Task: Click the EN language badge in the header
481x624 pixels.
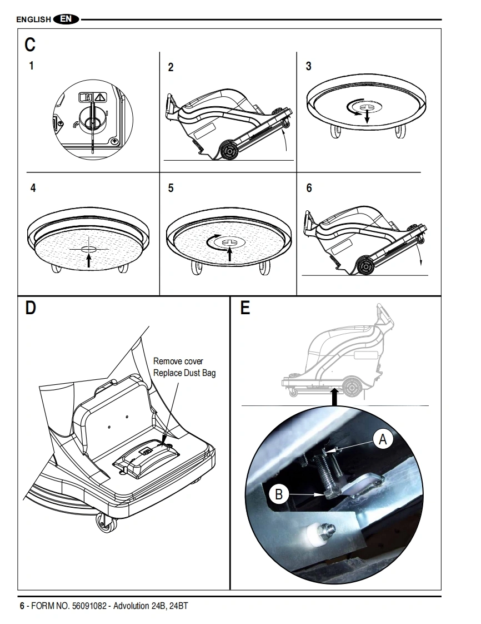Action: pyautogui.click(x=66, y=19)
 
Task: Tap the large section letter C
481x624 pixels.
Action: pyautogui.click(x=30, y=44)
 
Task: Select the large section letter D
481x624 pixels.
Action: pyautogui.click(x=30, y=308)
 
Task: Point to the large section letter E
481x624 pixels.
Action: pyautogui.click(x=245, y=308)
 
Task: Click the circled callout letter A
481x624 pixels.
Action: pyautogui.click(x=383, y=439)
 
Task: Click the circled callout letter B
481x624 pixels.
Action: pyautogui.click(x=279, y=494)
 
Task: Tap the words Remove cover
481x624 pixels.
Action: pyautogui.click(x=178, y=361)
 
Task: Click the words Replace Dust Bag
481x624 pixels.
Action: pyautogui.click(x=184, y=373)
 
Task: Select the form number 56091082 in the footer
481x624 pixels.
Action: pyautogui.click(x=89, y=606)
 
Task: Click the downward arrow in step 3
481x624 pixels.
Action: pyautogui.click(x=367, y=116)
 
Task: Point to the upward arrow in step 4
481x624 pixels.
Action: pyautogui.click(x=89, y=260)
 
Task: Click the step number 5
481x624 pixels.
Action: pyautogui.click(x=171, y=188)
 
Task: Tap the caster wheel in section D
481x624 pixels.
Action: pyautogui.click(x=107, y=523)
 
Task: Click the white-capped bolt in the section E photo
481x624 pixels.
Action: pyautogui.click(x=320, y=532)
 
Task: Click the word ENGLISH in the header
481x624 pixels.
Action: pyautogui.click(x=34, y=19)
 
